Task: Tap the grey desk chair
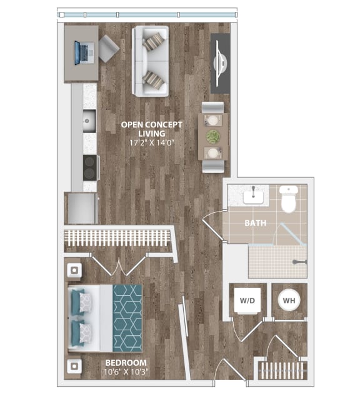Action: tap(109, 48)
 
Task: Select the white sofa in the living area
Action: tap(150, 61)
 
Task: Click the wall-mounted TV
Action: tap(220, 62)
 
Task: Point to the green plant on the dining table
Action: tap(214, 137)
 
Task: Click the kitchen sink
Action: tap(88, 119)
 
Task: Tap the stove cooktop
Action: tap(90, 167)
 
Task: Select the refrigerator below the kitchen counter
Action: tap(82, 208)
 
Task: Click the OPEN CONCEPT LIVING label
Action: tap(151, 129)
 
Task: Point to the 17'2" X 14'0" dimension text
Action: tap(151, 142)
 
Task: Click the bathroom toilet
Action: tap(288, 199)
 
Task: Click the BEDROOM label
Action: tap(126, 363)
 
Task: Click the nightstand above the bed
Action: tap(74, 271)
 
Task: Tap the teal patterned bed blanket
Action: tap(127, 318)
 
